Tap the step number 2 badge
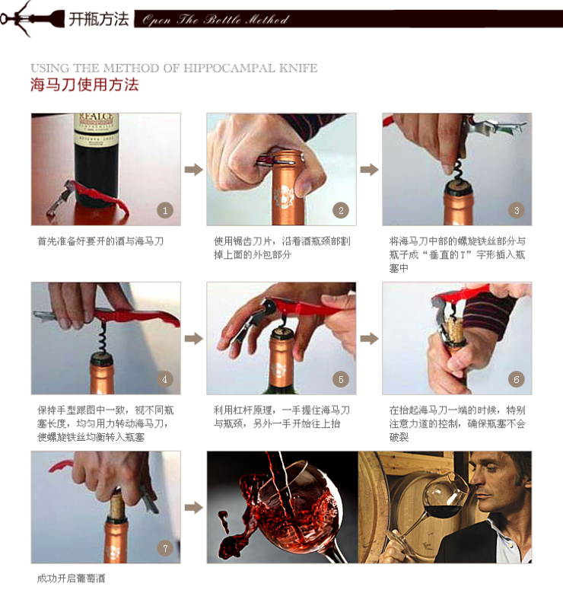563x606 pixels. (x=341, y=210)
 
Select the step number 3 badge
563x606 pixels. (x=517, y=210)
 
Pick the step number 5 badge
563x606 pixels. (x=341, y=379)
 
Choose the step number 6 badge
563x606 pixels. (x=517, y=379)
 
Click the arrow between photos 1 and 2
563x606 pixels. (x=194, y=169)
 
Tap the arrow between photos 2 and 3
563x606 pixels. (x=369, y=169)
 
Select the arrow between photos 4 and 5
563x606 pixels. (x=194, y=338)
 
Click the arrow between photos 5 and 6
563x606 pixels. (x=369, y=338)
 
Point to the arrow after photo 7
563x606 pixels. (x=194, y=507)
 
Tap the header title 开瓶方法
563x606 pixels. (x=98, y=19)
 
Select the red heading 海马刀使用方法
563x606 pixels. (x=84, y=85)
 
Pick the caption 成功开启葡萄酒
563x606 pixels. (x=71, y=579)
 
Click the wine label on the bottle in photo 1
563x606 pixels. (x=97, y=127)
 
